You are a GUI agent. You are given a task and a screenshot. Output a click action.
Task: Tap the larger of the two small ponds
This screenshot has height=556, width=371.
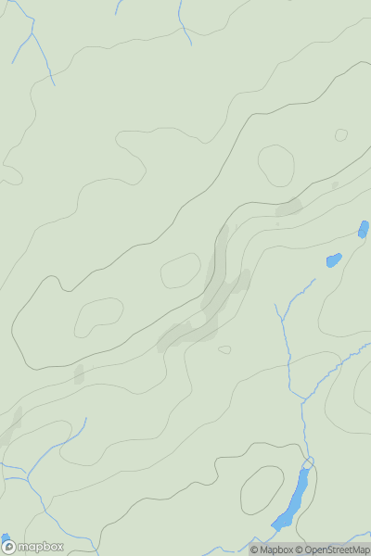point(334,260)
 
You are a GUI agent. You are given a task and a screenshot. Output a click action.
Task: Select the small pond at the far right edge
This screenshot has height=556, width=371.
point(364,228)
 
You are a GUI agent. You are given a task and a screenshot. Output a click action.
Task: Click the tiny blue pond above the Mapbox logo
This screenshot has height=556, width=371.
point(5,538)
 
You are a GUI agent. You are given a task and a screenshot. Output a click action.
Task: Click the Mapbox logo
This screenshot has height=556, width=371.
point(33,547)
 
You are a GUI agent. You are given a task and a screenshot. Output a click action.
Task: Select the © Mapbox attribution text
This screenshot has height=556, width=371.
point(271,550)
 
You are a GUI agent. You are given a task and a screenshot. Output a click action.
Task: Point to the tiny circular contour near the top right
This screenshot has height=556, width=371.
point(341,135)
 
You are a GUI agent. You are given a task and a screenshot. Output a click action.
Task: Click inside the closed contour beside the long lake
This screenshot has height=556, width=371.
point(262,489)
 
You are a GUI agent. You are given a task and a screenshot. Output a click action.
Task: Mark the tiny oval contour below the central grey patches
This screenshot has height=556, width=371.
point(224,349)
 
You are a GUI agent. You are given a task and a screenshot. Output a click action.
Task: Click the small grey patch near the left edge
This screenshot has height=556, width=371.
point(79,373)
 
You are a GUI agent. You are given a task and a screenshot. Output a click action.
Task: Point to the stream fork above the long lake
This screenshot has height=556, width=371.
point(303,400)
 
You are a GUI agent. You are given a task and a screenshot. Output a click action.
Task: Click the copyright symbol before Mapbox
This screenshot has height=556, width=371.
point(254,550)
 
